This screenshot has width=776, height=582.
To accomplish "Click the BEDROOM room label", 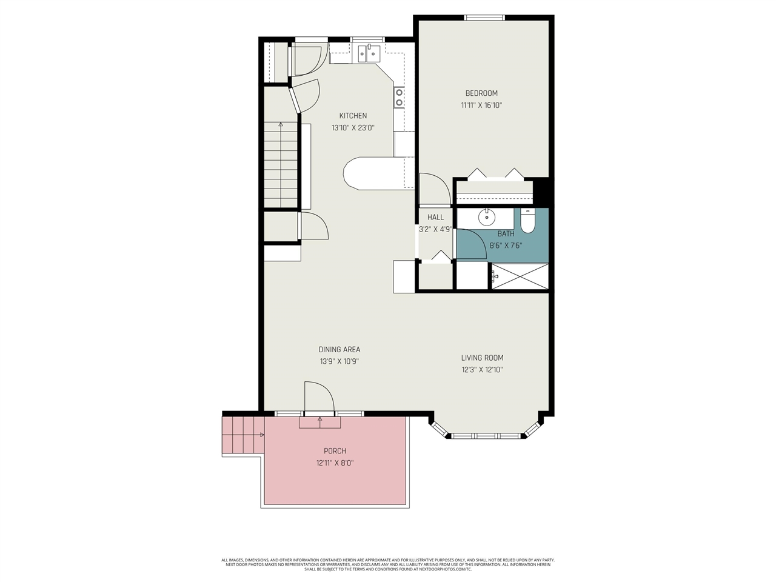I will click(x=481, y=93).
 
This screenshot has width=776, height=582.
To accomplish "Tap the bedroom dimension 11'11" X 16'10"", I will click(x=481, y=105).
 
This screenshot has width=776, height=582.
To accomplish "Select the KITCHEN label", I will click(x=353, y=116).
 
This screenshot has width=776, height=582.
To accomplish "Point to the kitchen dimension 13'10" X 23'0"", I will click(x=353, y=128).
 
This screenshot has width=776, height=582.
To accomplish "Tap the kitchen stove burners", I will click(x=399, y=98).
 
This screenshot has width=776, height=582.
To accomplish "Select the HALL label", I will click(x=435, y=217).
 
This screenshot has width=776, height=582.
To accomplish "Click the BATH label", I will click(x=506, y=233).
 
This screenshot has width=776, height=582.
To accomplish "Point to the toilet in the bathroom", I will click(x=527, y=221).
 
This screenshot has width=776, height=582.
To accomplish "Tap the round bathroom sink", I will click(x=487, y=216).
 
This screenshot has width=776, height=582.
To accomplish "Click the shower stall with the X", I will click(x=520, y=277).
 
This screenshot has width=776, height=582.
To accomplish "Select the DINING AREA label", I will click(x=339, y=349).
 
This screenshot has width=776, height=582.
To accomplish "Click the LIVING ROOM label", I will click(x=482, y=358).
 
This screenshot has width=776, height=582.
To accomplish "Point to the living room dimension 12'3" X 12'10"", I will click(x=482, y=370).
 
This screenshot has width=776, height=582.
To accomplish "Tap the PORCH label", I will click(x=335, y=451).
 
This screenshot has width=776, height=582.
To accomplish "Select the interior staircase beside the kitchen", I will click(x=281, y=165).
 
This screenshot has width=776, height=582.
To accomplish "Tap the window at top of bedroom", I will click(x=484, y=18).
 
